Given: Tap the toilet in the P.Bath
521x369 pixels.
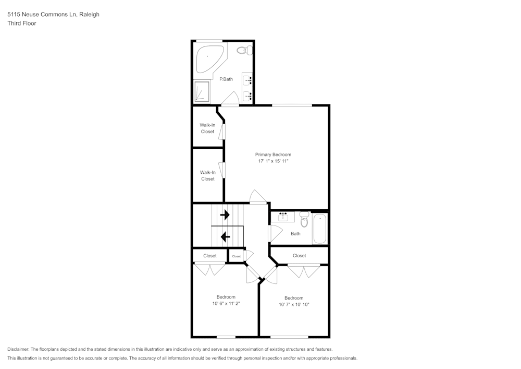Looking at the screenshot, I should pos(244,51).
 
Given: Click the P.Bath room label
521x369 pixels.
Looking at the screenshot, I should pos(226,79).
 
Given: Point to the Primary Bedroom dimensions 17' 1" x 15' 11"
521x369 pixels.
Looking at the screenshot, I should pos(273,161).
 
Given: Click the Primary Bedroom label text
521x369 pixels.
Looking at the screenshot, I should pos(273,154).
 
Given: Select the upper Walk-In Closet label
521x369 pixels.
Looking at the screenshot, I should pos(207,128).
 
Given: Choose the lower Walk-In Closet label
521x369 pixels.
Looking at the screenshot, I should pos(207,175).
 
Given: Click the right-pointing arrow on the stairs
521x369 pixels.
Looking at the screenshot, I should pos(225,215).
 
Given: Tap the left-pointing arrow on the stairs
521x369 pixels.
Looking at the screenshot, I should pos(225,237).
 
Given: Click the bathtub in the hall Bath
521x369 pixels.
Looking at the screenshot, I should pos(320,229).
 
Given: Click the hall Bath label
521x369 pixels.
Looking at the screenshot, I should pos(295,234).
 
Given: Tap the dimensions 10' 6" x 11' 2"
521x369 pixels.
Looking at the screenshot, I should pos(226,303).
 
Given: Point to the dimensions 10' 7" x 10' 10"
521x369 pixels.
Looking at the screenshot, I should pos(294,304).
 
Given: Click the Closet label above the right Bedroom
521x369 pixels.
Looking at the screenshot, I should pos(299,256).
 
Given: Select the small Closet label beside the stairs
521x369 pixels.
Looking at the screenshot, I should pos(237,256).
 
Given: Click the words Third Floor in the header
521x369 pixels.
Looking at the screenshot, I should pos(22,23).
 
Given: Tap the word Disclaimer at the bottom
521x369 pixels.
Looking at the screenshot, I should pos(18,349).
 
